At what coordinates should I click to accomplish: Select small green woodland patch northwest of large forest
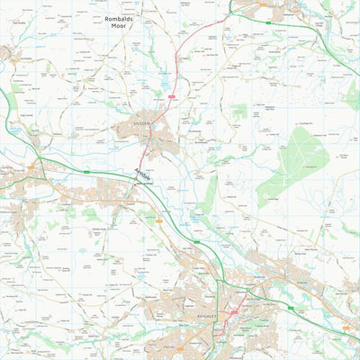[x=239, y=112]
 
